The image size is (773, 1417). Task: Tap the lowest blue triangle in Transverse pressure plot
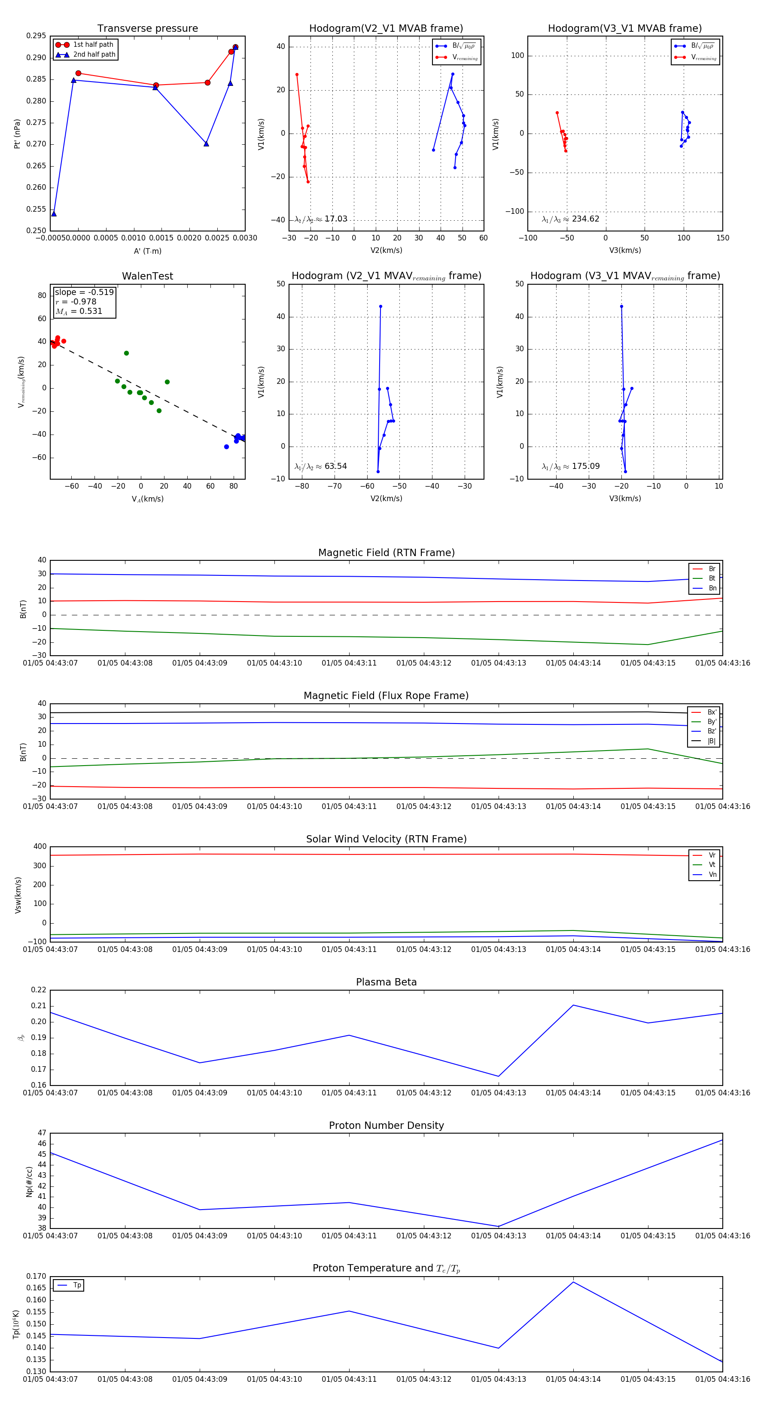point(54,213)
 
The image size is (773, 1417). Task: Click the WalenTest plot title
point(147,276)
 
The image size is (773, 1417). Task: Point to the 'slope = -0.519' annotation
point(84,292)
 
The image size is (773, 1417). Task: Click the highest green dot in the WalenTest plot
point(127,353)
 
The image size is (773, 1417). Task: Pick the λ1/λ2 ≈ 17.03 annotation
point(321,219)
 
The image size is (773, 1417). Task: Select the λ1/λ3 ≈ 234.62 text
point(571,219)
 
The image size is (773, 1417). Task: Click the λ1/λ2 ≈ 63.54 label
point(321,466)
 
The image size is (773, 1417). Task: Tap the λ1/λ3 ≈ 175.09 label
point(571,466)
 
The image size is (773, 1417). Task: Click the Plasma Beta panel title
point(386,982)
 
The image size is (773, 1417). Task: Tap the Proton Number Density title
point(386,1125)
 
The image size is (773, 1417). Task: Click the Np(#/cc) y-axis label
point(29,1182)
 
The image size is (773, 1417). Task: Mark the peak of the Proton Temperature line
point(573,1282)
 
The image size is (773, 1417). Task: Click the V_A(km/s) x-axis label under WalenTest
point(147,499)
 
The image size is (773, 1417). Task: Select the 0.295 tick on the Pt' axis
point(37,36)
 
